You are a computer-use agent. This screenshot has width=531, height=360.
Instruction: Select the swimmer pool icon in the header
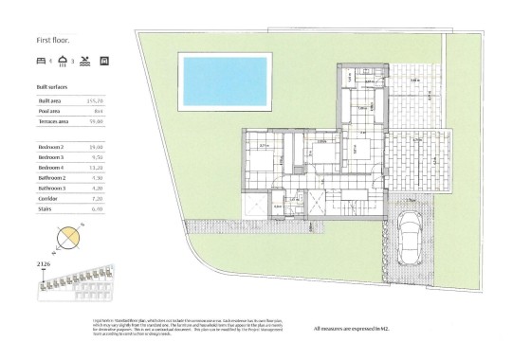[85, 61]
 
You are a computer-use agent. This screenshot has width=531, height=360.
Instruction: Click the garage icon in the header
[104, 61]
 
